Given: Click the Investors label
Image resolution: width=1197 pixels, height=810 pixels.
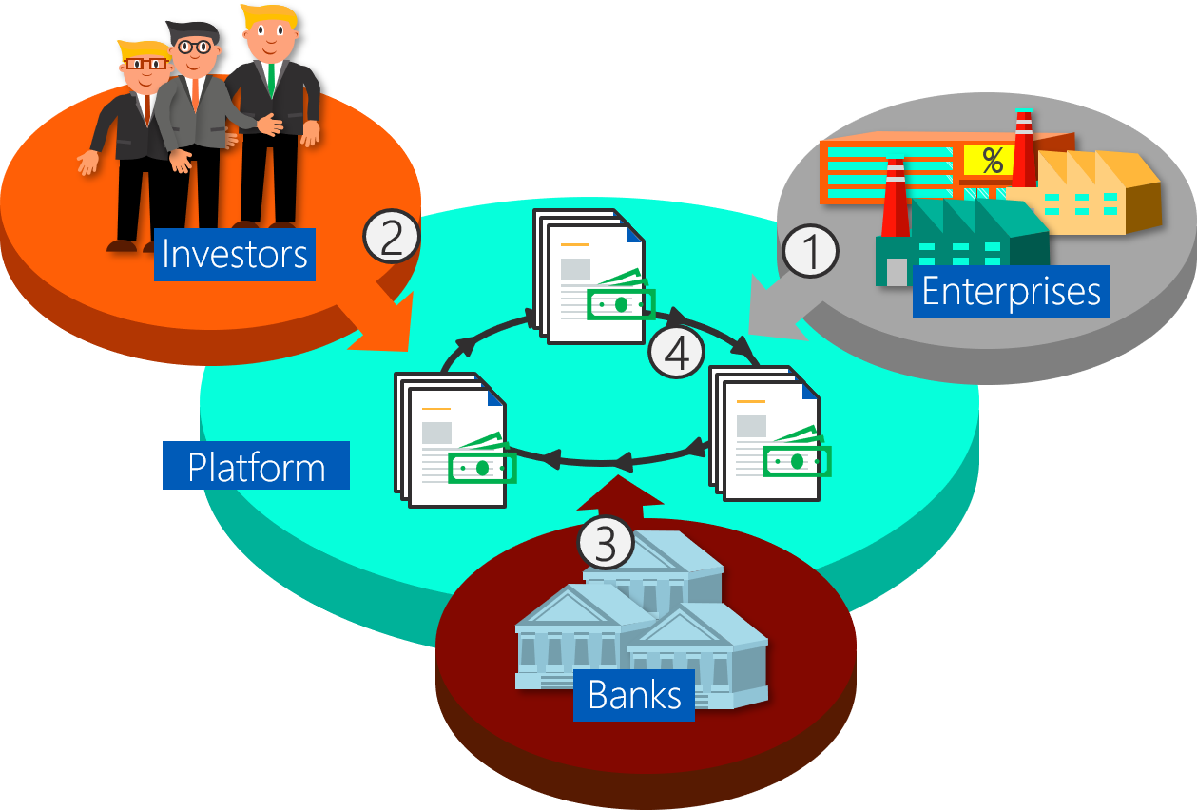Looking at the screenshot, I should pyautogui.click(x=234, y=254).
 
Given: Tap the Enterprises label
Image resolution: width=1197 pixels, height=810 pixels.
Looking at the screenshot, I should pyautogui.click(x=1011, y=291).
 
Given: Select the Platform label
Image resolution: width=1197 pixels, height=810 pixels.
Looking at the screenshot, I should pyautogui.click(x=256, y=467).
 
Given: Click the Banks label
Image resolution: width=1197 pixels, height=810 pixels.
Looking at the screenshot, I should pyautogui.click(x=634, y=695).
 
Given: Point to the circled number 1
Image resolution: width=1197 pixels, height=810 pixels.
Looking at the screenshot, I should pyautogui.click(x=810, y=253).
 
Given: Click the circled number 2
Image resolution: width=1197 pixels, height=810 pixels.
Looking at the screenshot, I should pyautogui.click(x=392, y=237).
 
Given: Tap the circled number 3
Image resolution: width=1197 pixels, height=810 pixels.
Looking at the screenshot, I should pyautogui.click(x=606, y=543).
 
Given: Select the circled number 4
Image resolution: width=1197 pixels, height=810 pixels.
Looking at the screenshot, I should pyautogui.click(x=676, y=353).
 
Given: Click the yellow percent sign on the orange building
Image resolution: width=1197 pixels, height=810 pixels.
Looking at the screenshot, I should pyautogui.click(x=992, y=161).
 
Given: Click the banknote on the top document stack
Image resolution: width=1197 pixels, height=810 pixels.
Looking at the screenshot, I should pyautogui.click(x=621, y=302).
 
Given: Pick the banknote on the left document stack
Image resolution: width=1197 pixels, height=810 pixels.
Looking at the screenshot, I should pyautogui.click(x=482, y=466).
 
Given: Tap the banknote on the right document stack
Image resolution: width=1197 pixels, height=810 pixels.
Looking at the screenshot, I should pyautogui.click(x=797, y=460).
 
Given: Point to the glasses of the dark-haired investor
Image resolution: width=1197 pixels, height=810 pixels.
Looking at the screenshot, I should pyautogui.click(x=194, y=46).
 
